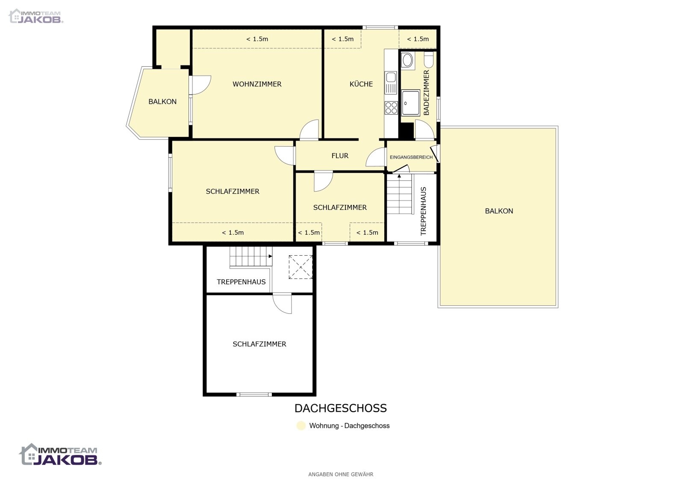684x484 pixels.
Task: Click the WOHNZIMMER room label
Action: coord(257,84)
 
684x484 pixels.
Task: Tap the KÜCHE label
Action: coord(361,84)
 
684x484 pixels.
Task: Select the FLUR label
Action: coord(340,156)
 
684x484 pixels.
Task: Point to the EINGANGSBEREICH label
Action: coord(411,157)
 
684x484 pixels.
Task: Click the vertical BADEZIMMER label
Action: coord(426,92)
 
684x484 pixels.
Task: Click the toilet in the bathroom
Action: coord(429,60)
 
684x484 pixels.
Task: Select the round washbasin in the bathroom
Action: coord(407,60)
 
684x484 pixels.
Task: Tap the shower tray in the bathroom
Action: coord(410,103)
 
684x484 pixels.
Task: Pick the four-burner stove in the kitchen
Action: coord(391,108)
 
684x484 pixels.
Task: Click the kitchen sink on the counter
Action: coord(391,83)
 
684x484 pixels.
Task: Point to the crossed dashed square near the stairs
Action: coord(301,267)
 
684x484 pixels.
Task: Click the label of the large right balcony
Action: coord(499,211)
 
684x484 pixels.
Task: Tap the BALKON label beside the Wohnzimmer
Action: coord(162,102)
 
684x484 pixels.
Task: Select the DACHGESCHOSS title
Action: coord(340,408)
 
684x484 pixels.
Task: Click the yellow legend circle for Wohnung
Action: coord(301,426)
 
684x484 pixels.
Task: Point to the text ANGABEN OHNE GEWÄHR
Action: coord(341,474)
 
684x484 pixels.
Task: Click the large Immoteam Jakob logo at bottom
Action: coord(60,454)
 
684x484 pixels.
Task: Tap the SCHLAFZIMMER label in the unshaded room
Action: coord(259,344)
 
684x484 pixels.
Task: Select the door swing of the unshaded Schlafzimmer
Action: coord(282,304)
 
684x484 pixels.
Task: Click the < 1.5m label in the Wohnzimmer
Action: coord(257,39)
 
